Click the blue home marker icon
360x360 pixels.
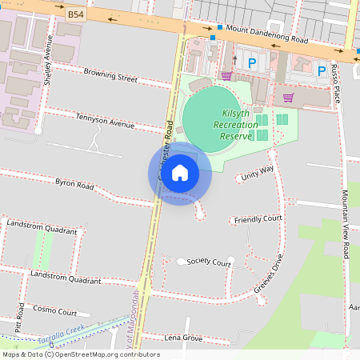(179, 172)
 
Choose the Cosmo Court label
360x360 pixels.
(55, 311)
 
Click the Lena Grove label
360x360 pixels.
(183, 338)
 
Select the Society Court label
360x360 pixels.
(209, 262)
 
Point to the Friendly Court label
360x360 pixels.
(258, 218)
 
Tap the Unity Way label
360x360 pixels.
(257, 171)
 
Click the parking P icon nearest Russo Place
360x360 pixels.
(322, 71)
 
